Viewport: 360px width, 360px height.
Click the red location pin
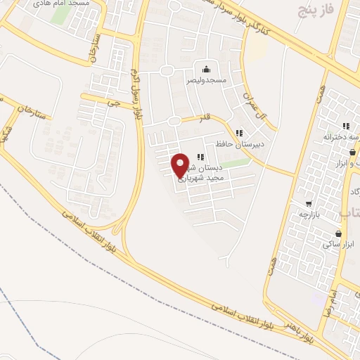(x=181, y=165)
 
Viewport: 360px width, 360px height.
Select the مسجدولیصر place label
(x=206, y=81)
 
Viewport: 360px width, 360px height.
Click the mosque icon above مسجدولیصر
(x=206, y=69)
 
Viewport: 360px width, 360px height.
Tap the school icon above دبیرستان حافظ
(x=240, y=132)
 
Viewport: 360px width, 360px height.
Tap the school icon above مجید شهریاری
(x=200, y=157)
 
